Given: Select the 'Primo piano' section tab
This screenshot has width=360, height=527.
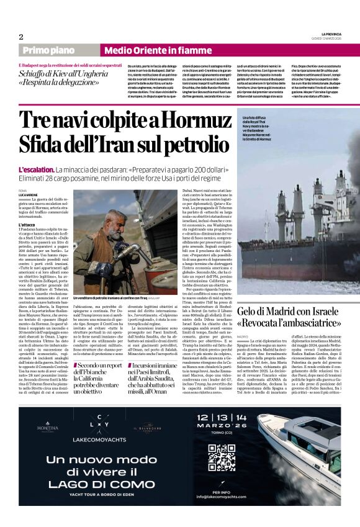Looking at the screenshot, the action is (x=60, y=50).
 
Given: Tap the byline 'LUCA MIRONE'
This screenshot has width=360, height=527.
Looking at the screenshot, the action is (x=29, y=195).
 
